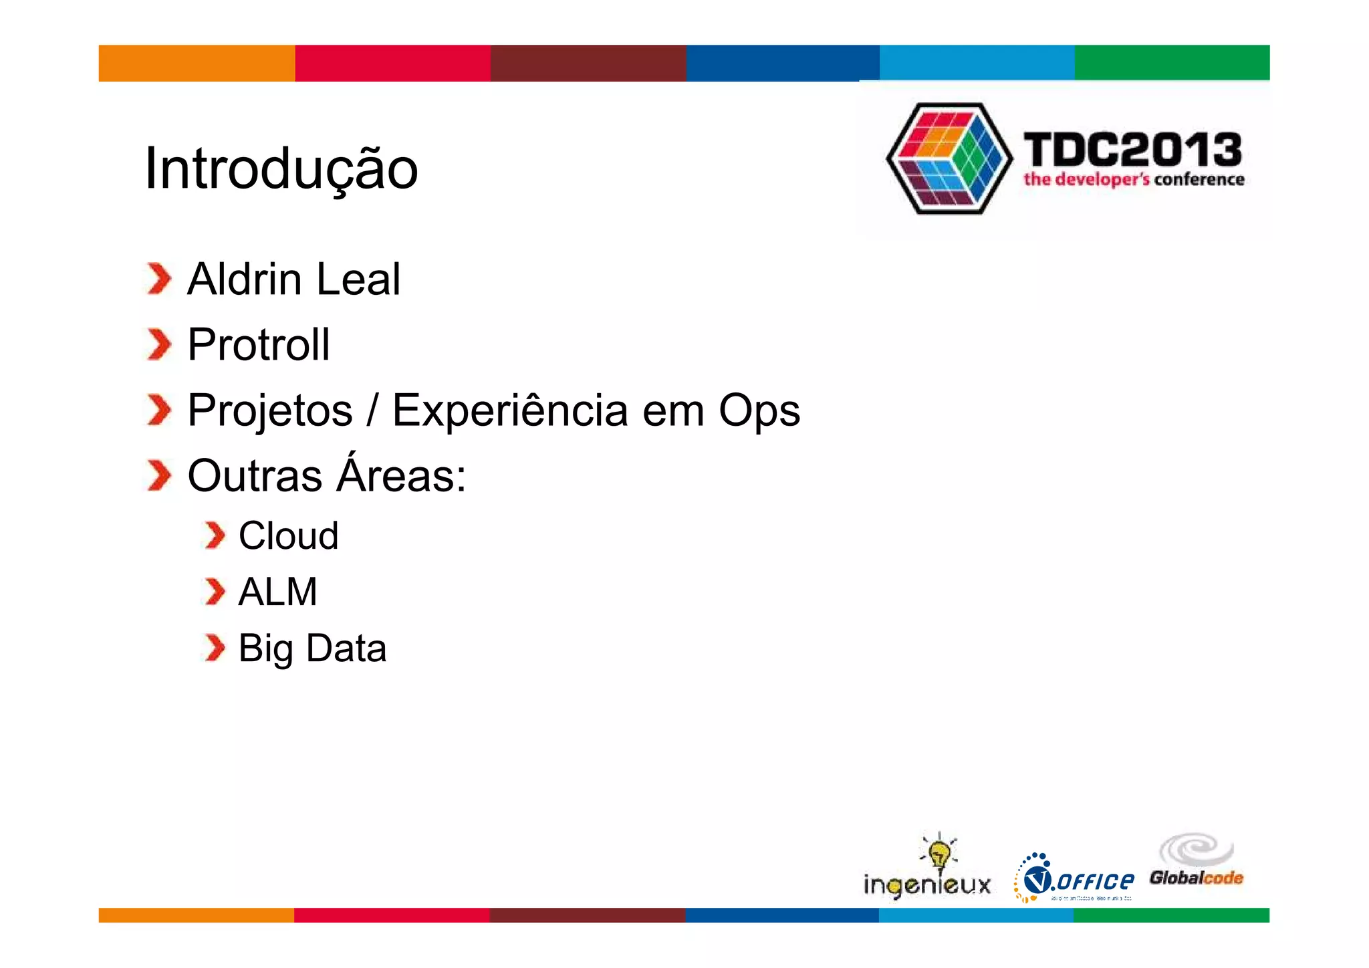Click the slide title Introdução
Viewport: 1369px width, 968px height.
tap(281, 168)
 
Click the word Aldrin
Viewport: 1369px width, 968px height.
tap(244, 279)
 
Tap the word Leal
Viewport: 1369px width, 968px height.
tap(358, 279)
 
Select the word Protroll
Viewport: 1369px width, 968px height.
tap(259, 345)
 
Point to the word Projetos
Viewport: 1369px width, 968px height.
tap(269, 410)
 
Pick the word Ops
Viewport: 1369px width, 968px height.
tap(759, 410)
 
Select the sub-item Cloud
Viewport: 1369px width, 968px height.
tap(288, 535)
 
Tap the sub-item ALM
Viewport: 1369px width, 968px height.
tap(277, 592)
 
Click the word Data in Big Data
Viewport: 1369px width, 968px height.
tap(346, 648)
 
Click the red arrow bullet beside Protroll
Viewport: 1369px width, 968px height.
tap(159, 345)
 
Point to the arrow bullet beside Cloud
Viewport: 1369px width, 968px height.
tap(215, 535)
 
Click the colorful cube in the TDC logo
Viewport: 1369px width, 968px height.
tap(949, 158)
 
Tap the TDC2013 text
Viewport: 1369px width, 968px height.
tap(1132, 149)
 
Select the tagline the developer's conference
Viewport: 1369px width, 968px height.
tap(1134, 179)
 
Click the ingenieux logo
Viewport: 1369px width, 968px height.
tap(927, 869)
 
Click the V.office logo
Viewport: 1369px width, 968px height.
tap(1074, 878)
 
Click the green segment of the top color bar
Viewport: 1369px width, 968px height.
tap(1171, 63)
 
